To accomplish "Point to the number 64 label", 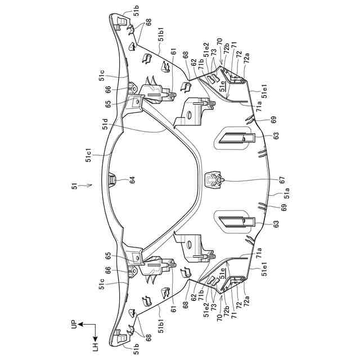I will (133, 181).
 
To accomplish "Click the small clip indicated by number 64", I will (111, 180).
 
